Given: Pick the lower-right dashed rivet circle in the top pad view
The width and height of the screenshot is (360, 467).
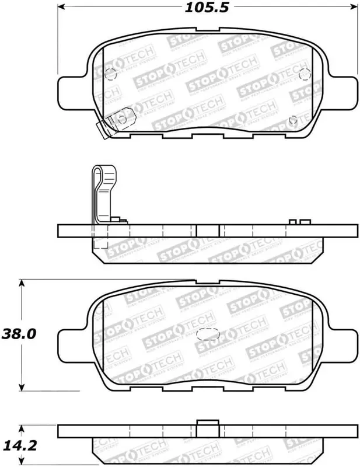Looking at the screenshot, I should click(x=293, y=119).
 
